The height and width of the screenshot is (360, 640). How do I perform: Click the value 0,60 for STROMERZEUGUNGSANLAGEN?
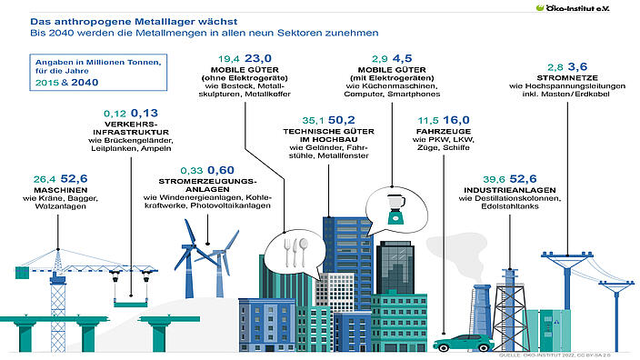click(x=221, y=169)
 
